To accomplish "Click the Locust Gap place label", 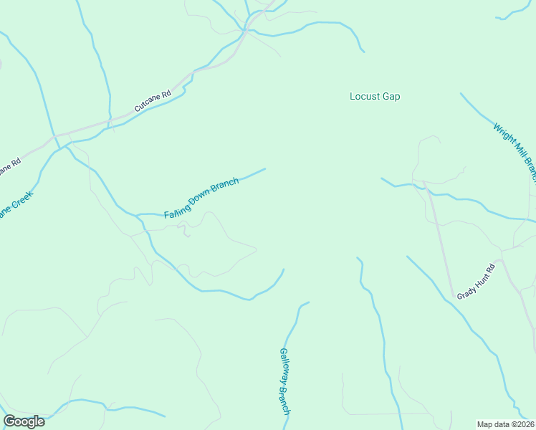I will click(374, 96).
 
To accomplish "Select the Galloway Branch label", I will click(284, 381).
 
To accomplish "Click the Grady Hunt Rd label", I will click(477, 280).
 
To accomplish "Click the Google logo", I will click(24, 421).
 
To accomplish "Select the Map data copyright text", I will click(506, 424).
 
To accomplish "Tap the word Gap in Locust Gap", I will click(391, 96).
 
